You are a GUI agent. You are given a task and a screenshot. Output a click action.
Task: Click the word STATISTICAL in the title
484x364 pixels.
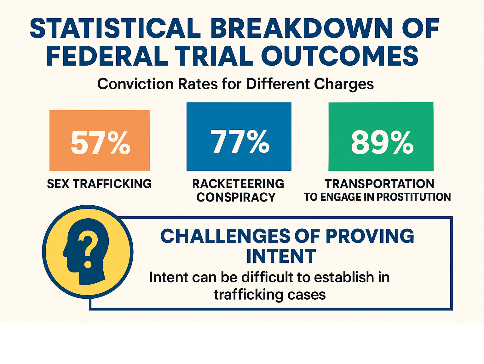click(115, 29)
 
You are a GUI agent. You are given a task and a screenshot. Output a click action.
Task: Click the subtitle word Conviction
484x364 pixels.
click(135, 84)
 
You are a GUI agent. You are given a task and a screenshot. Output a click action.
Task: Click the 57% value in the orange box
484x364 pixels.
click(100, 143)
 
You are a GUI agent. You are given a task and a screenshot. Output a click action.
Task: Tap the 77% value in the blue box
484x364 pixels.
click(240, 141)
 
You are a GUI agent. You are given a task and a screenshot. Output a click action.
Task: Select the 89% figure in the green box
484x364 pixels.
click(382, 142)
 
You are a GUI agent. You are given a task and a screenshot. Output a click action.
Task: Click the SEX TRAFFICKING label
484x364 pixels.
click(100, 184)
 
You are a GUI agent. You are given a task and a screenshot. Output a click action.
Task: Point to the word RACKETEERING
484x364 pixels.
click(238, 184)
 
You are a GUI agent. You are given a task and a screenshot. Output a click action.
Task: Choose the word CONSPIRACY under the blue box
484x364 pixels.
click(236, 197)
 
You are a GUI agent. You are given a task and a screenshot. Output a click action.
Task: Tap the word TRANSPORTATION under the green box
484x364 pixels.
click(379, 184)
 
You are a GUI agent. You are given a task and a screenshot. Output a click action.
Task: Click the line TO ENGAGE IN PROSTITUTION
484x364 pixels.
click(377, 197)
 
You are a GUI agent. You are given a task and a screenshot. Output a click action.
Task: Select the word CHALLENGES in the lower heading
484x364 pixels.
click(225, 236)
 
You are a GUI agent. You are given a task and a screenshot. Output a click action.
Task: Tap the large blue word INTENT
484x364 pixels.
click(281, 256)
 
